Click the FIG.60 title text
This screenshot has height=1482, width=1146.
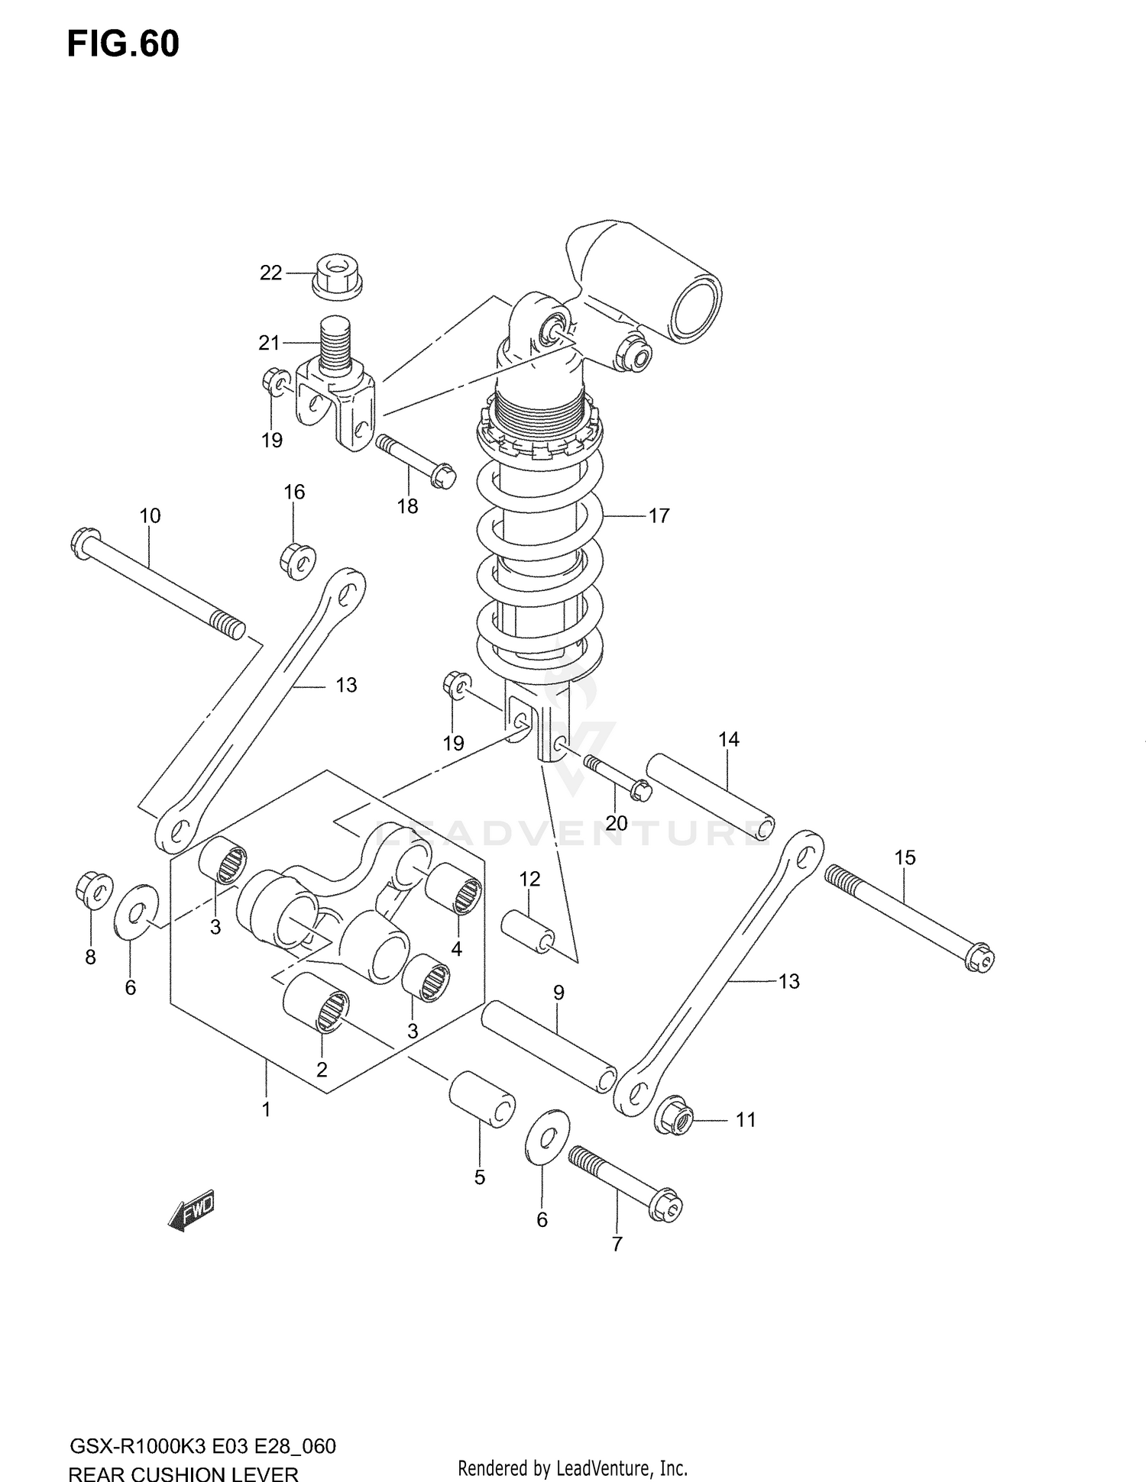(123, 44)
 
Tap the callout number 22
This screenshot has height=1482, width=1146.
(270, 273)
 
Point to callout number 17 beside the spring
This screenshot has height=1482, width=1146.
(659, 516)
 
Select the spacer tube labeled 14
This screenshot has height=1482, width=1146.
(711, 796)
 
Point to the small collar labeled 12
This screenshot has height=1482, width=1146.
(527, 931)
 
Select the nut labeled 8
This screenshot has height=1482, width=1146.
(94, 890)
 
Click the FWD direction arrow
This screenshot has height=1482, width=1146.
(191, 1210)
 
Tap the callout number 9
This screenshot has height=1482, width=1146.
(558, 993)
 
